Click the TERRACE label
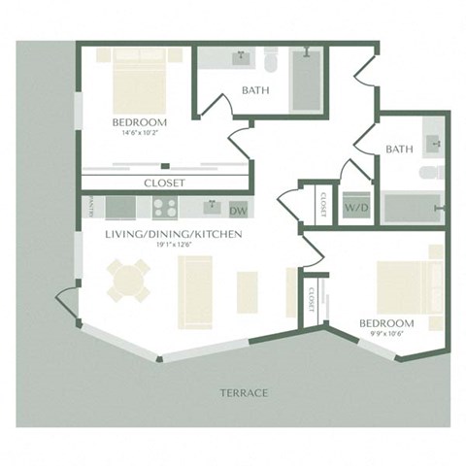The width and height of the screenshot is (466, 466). [243, 393]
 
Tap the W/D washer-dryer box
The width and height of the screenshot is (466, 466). [353, 206]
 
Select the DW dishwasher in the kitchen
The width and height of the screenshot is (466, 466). [238, 209]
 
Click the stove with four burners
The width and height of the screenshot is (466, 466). [163, 208]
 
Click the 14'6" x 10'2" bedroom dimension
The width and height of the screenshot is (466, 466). [140, 134]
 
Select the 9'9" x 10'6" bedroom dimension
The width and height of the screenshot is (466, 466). [386, 334]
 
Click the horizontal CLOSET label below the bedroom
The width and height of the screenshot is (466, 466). [164, 183]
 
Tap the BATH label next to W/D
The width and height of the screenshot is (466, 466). [399, 150]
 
